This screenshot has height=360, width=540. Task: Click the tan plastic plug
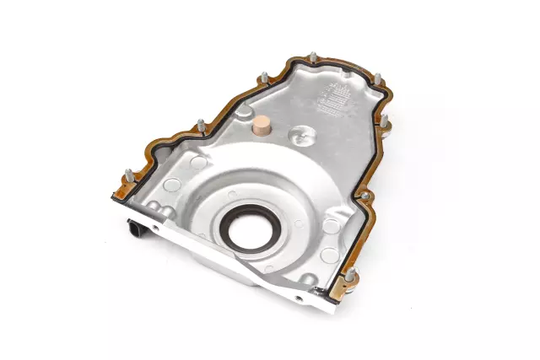tap(260, 128)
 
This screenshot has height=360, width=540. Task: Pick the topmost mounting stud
tap(313, 57)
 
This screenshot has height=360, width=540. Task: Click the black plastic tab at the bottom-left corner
tap(136, 227)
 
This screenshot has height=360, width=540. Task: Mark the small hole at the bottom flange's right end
tap(297, 298)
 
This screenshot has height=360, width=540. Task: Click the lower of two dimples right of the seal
tap(331, 226)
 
